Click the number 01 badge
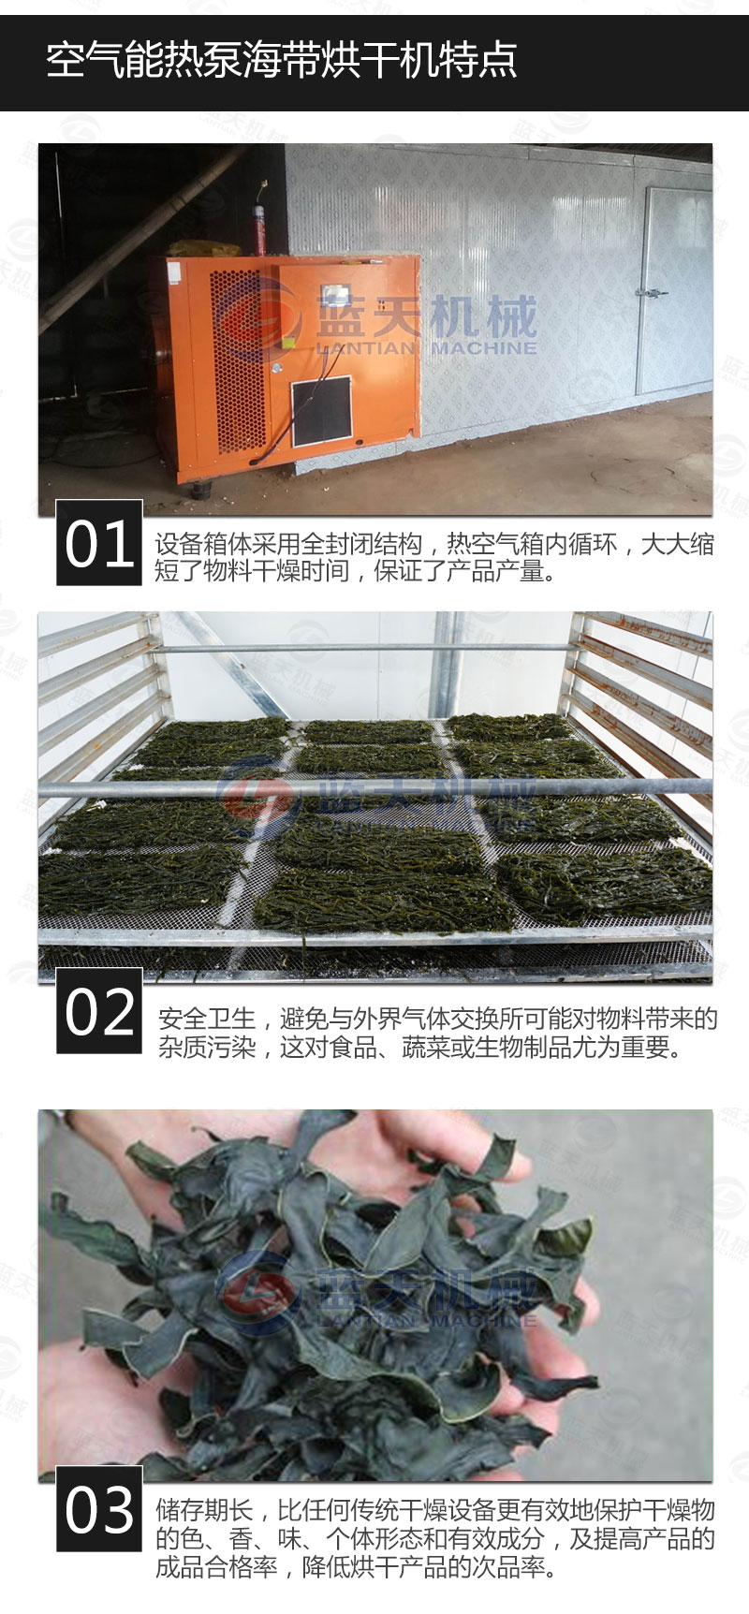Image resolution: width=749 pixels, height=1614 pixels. click(99, 543)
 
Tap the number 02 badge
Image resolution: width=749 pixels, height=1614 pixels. click(99, 1011)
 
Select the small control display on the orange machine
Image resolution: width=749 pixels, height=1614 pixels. click(334, 297)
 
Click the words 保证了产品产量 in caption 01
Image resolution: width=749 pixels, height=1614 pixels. click(459, 570)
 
